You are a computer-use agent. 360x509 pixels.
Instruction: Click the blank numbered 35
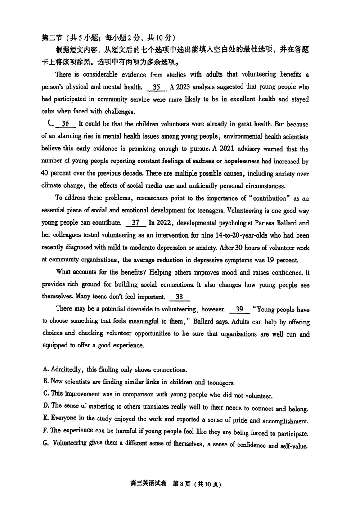(157, 87)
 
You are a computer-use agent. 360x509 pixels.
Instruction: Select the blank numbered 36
(66, 124)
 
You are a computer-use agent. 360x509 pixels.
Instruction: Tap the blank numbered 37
(136, 222)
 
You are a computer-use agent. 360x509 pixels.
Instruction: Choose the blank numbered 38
(179, 297)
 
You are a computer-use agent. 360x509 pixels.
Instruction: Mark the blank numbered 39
(239, 309)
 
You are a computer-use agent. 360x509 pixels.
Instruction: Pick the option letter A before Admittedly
(45, 369)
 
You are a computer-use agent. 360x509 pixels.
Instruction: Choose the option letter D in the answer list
(45, 406)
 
